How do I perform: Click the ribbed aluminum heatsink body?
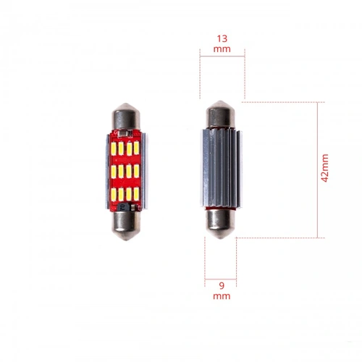(x=221, y=169)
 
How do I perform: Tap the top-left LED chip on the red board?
(x=116, y=148)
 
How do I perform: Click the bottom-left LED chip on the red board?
(x=116, y=194)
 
